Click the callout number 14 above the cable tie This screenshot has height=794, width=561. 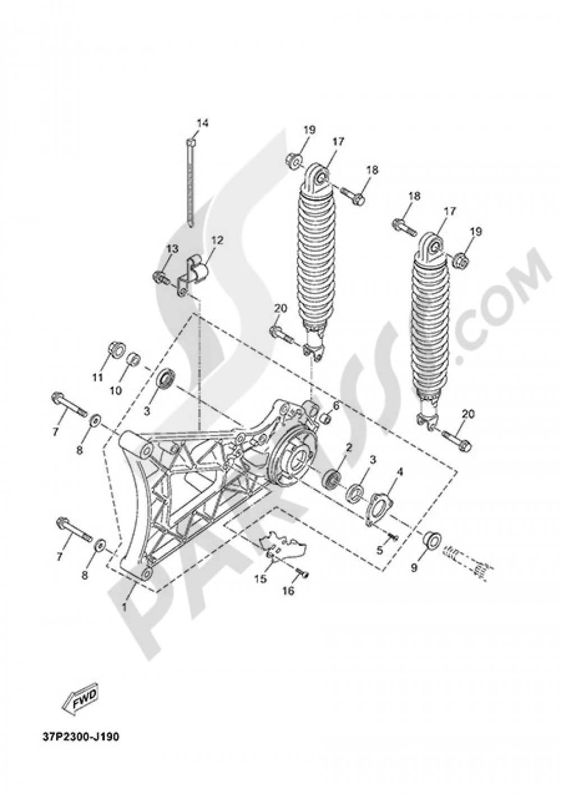click(202, 122)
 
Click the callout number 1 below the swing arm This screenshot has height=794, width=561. click(125, 607)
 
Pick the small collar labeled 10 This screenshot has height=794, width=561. click(132, 359)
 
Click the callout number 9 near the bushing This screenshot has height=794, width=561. click(414, 568)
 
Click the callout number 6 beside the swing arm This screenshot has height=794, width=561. click(336, 405)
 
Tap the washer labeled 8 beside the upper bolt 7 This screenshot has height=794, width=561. click(95, 420)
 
